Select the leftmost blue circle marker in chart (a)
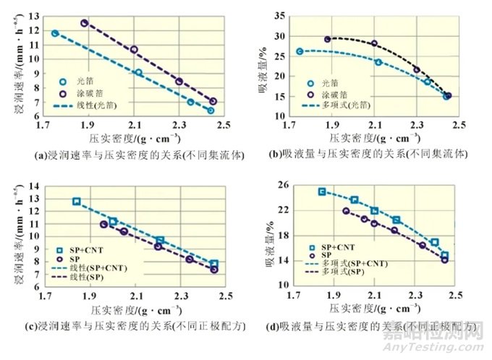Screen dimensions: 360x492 pos(55,33)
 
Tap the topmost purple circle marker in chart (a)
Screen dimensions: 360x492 pos(85,23)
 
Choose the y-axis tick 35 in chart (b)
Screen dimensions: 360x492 pos(281,14)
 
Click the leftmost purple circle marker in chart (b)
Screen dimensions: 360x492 pos(327,39)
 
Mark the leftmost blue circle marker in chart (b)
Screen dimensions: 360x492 pos(300,51)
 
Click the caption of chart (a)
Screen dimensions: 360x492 pos(124,154)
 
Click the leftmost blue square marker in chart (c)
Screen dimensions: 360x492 pos(77,202)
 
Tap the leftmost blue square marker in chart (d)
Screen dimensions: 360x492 pos(322,192)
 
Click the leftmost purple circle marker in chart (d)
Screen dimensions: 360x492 pos(346,211)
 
